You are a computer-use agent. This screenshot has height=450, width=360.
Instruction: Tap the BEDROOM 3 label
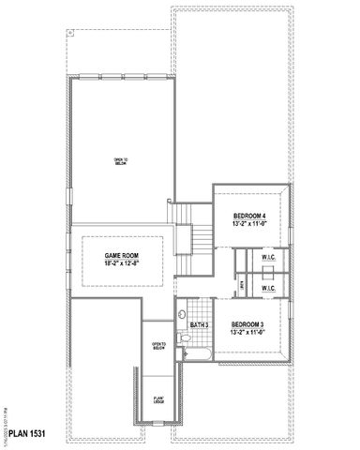click(x=249, y=324)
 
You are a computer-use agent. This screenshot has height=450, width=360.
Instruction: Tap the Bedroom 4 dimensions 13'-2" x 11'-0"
click(x=249, y=224)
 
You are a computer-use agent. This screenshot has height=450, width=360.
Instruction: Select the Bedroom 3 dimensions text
click(x=249, y=333)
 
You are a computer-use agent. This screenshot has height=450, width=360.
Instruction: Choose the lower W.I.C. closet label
click(x=267, y=289)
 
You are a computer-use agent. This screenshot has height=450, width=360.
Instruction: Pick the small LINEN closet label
click(x=242, y=282)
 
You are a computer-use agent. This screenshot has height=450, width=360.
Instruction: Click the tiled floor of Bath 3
click(x=199, y=337)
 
